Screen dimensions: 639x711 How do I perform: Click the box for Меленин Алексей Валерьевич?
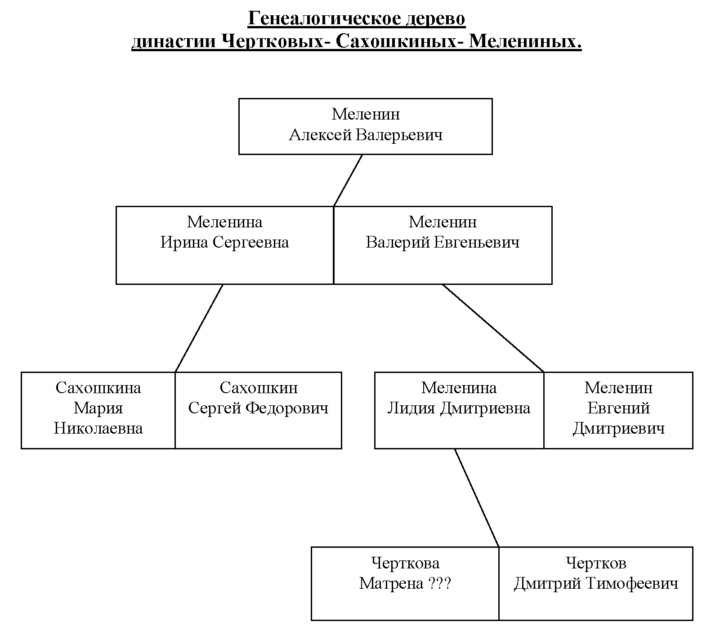365,126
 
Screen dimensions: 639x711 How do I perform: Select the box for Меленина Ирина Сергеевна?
224,245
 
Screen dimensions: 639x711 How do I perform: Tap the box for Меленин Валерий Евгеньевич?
443,245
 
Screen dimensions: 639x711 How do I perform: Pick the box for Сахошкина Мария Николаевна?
98,410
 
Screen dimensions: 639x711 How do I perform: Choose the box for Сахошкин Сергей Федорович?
258,410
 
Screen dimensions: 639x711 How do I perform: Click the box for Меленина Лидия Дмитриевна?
459,410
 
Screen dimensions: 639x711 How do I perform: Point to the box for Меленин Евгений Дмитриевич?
618,410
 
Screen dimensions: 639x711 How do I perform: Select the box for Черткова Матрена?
405,583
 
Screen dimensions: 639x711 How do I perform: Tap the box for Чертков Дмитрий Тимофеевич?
596,583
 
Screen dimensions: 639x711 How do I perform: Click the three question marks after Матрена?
439,584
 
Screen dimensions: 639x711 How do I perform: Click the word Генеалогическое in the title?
323,19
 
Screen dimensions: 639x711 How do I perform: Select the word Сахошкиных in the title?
396,42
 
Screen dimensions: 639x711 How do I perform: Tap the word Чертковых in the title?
272,42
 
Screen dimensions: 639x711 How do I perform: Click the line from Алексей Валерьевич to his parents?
348,181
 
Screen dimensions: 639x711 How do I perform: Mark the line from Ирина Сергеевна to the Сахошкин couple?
199,328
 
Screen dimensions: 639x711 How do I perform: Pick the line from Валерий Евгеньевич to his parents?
493,328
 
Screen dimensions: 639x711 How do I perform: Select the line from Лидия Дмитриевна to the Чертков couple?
477,497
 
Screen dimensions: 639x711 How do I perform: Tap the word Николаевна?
98,428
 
